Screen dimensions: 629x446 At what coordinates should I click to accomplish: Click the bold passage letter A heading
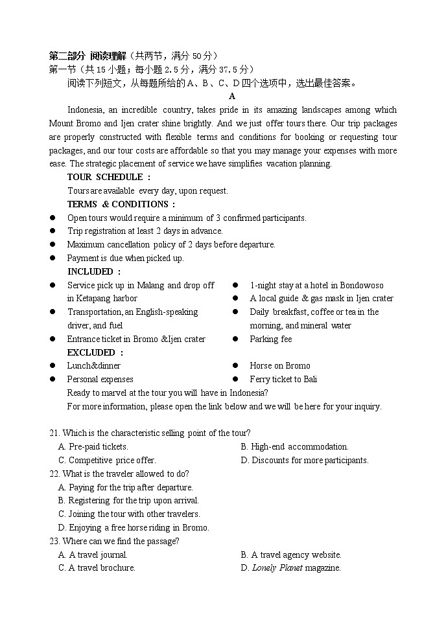(231, 97)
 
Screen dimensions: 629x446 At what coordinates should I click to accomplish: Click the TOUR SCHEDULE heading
(109, 177)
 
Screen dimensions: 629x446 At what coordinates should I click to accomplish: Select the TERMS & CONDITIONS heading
(121, 204)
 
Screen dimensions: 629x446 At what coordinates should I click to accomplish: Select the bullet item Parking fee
(270, 339)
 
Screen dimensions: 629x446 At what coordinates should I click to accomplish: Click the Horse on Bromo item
(279, 366)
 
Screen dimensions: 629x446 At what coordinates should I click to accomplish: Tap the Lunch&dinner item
(93, 366)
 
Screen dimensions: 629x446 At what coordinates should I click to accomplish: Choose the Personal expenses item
(100, 380)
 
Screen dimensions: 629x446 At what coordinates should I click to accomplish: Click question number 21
(54, 433)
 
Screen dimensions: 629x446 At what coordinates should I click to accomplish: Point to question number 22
(54, 474)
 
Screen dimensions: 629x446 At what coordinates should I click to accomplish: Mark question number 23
(54, 542)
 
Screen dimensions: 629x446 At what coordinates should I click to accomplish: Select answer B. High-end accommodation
(294, 447)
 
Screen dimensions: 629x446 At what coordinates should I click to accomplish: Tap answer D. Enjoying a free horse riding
(134, 528)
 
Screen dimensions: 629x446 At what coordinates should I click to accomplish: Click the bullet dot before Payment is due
(53, 258)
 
